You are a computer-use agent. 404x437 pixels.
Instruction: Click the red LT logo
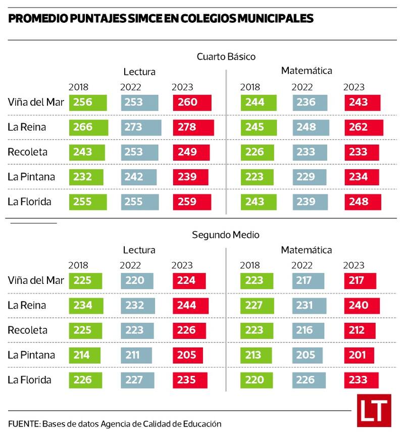(x=374, y=410)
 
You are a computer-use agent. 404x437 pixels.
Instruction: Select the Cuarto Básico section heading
(x=226, y=57)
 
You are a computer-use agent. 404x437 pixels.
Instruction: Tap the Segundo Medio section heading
(x=225, y=235)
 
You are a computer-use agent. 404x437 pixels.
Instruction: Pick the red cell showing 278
(x=193, y=127)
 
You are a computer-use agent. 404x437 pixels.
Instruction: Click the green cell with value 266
(x=88, y=127)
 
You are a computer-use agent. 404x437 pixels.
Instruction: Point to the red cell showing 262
(x=364, y=127)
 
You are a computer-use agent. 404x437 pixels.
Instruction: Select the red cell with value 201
(x=359, y=355)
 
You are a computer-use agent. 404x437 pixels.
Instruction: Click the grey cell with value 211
(x=137, y=355)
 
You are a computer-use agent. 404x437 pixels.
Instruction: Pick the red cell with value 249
(x=190, y=152)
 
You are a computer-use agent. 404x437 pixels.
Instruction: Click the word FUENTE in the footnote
(x=23, y=424)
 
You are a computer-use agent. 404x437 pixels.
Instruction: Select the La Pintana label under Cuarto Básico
(x=31, y=177)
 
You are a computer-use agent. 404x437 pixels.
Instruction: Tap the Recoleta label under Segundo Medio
(x=27, y=330)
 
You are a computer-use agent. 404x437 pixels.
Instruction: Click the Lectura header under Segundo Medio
(x=139, y=250)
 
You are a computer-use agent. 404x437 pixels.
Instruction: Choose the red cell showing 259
(x=191, y=202)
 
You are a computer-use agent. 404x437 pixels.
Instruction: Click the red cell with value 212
(x=360, y=330)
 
